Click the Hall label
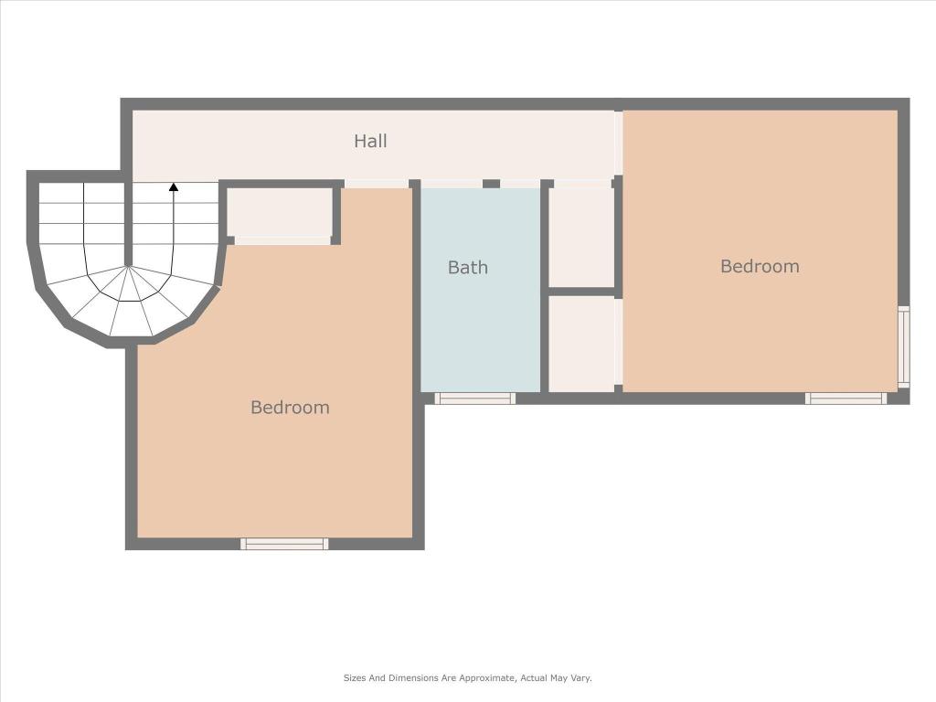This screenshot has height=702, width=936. (370, 141)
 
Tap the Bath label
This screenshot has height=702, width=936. (467, 268)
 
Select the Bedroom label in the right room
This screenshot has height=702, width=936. (760, 266)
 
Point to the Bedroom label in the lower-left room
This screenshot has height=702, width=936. (290, 408)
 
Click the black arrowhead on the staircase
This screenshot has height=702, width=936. (174, 187)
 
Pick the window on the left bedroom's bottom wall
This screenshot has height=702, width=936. (284, 544)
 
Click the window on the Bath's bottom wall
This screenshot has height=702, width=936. (474, 399)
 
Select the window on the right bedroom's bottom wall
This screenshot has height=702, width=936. (846, 399)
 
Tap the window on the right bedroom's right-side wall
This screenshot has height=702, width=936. (904, 346)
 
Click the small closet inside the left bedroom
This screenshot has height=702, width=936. (279, 212)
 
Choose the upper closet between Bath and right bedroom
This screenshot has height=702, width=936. (581, 237)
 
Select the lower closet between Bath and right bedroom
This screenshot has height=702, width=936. (581, 344)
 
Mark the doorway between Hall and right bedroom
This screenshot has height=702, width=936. (619, 144)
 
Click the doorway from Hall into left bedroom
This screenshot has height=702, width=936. (376, 184)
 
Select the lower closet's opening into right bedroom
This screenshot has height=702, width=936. (619, 342)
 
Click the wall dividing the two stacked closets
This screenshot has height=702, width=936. (581, 292)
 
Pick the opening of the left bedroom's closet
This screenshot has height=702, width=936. (282, 241)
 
